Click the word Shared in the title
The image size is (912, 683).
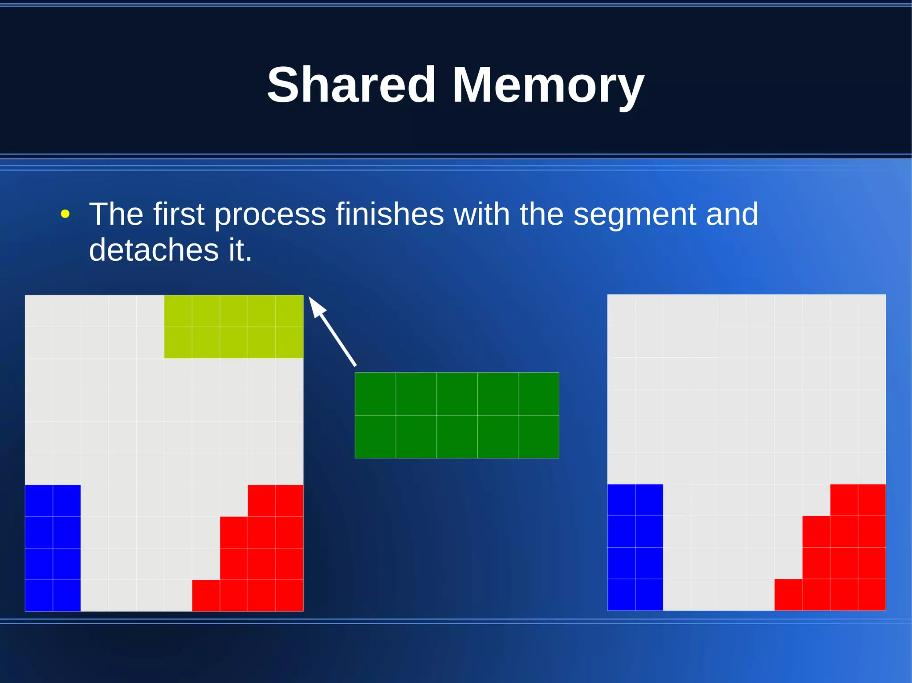point(351,85)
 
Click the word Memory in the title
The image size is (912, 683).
point(548,85)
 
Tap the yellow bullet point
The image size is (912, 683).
point(65,214)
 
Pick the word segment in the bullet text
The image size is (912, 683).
point(635,215)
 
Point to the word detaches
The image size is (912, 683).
point(154,250)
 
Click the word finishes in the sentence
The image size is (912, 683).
point(390,214)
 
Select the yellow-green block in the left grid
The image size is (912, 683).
point(233,327)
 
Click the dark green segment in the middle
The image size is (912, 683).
point(456,415)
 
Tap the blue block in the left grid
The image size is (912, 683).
point(53,548)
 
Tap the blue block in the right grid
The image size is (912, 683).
point(635,547)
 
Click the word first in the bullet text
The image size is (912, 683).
point(178,214)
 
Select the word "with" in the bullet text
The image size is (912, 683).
point(481,214)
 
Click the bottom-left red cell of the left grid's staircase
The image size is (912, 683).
point(206,595)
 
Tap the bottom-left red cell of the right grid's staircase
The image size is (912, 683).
point(788,594)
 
